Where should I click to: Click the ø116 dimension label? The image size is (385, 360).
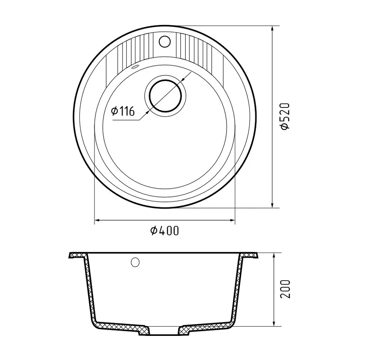(x=123, y=111)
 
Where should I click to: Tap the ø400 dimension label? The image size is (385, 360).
(x=165, y=231)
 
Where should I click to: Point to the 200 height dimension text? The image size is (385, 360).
(x=285, y=289)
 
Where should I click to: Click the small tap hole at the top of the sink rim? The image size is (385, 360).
(x=164, y=41)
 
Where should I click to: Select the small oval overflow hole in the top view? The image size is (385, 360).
(x=135, y=67)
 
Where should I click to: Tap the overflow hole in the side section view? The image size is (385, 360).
(x=135, y=262)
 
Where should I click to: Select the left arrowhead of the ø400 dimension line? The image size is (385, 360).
(x=98, y=221)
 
